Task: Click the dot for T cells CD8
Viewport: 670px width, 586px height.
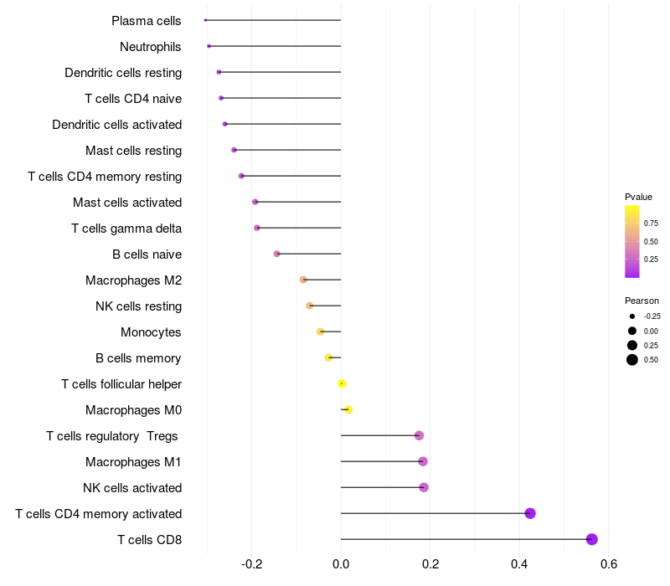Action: (592, 539)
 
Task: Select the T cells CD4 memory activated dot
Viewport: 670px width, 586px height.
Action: (530, 513)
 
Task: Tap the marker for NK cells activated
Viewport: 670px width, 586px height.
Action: (424, 487)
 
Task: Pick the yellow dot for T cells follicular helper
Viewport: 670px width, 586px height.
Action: (342, 383)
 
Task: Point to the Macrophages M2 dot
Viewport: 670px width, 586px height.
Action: (303, 280)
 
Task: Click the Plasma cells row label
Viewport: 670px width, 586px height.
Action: (147, 20)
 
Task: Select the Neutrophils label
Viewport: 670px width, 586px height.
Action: (151, 46)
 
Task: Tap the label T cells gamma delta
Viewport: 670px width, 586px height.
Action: (126, 228)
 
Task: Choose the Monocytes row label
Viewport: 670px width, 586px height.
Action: (151, 332)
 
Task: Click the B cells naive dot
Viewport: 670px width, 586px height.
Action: (277, 254)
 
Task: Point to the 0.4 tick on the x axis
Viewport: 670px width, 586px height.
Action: (519, 564)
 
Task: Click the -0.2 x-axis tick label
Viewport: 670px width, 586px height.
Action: (251, 564)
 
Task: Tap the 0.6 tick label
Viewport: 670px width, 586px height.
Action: (609, 564)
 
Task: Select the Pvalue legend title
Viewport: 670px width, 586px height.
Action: (638, 197)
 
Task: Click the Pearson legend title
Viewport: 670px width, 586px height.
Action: (642, 301)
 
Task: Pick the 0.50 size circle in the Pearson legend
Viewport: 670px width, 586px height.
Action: (632, 360)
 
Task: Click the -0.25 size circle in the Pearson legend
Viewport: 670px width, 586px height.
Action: (632, 316)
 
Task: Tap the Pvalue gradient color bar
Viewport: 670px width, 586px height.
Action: (632, 241)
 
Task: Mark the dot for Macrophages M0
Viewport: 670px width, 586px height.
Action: (348, 409)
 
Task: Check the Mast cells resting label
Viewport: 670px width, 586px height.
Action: (134, 150)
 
